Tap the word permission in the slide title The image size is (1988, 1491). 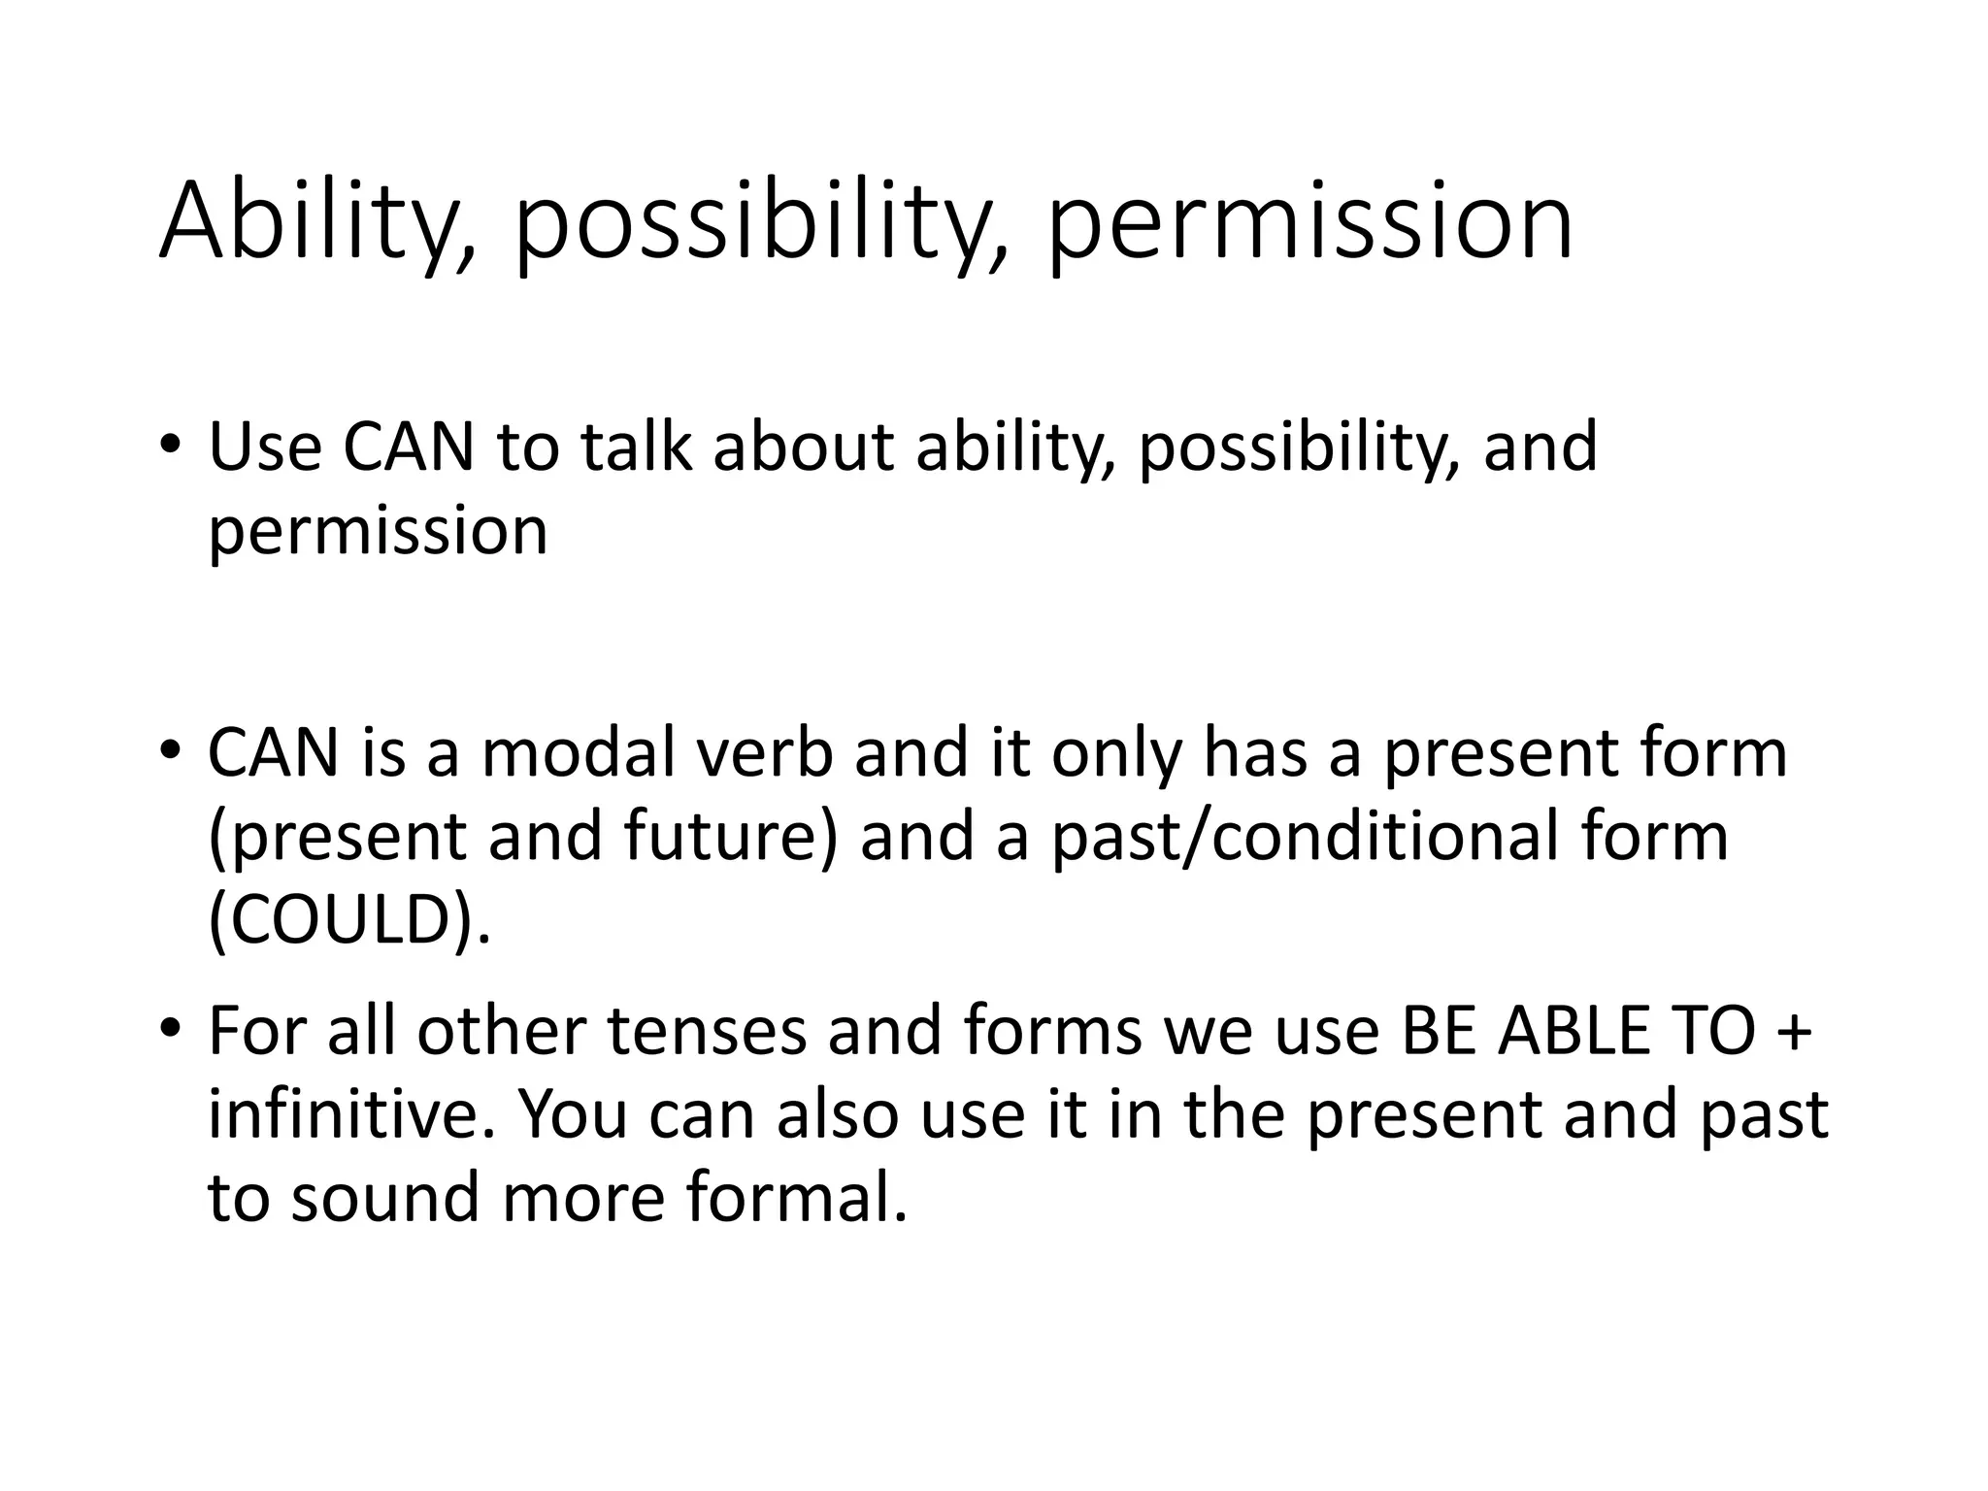pyautogui.click(x=1309, y=224)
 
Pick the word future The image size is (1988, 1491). pyautogui.click(x=722, y=837)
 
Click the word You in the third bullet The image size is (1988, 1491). pyautogui.click(x=573, y=1114)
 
